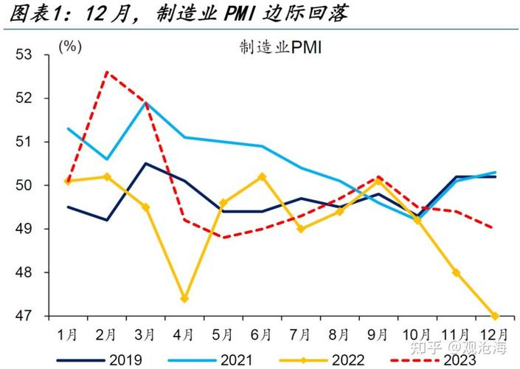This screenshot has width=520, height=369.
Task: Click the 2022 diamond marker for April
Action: pyautogui.click(x=184, y=299)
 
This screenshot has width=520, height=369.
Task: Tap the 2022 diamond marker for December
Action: pyautogui.click(x=494, y=316)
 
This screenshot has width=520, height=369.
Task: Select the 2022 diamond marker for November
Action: pyautogui.click(x=456, y=272)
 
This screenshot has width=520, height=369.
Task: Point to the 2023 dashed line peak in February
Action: pyautogui.click(x=107, y=72)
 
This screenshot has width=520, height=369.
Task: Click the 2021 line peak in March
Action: pyautogui.click(x=145, y=102)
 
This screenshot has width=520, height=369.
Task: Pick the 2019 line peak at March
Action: pyautogui.click(x=145, y=163)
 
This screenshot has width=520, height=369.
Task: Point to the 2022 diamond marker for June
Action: pyautogui.click(x=262, y=177)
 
